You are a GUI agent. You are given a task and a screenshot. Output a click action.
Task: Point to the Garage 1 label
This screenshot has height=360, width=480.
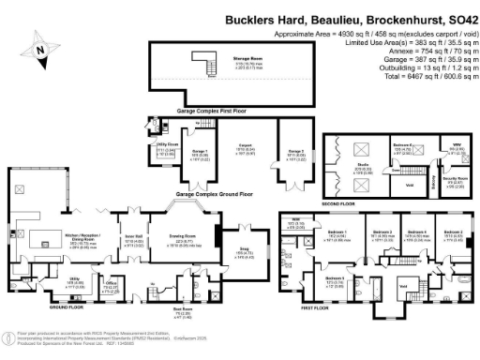tap(199, 151)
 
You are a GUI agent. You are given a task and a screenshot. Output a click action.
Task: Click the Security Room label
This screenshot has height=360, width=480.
tap(455, 178)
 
